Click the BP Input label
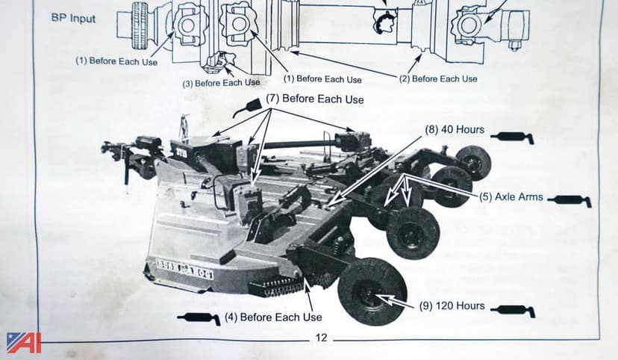74,18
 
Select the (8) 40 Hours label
455,130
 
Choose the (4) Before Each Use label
273,317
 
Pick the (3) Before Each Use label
222,83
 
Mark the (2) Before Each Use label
438,78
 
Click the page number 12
321,338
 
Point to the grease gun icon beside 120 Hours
516,308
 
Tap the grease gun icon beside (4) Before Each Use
198,319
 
